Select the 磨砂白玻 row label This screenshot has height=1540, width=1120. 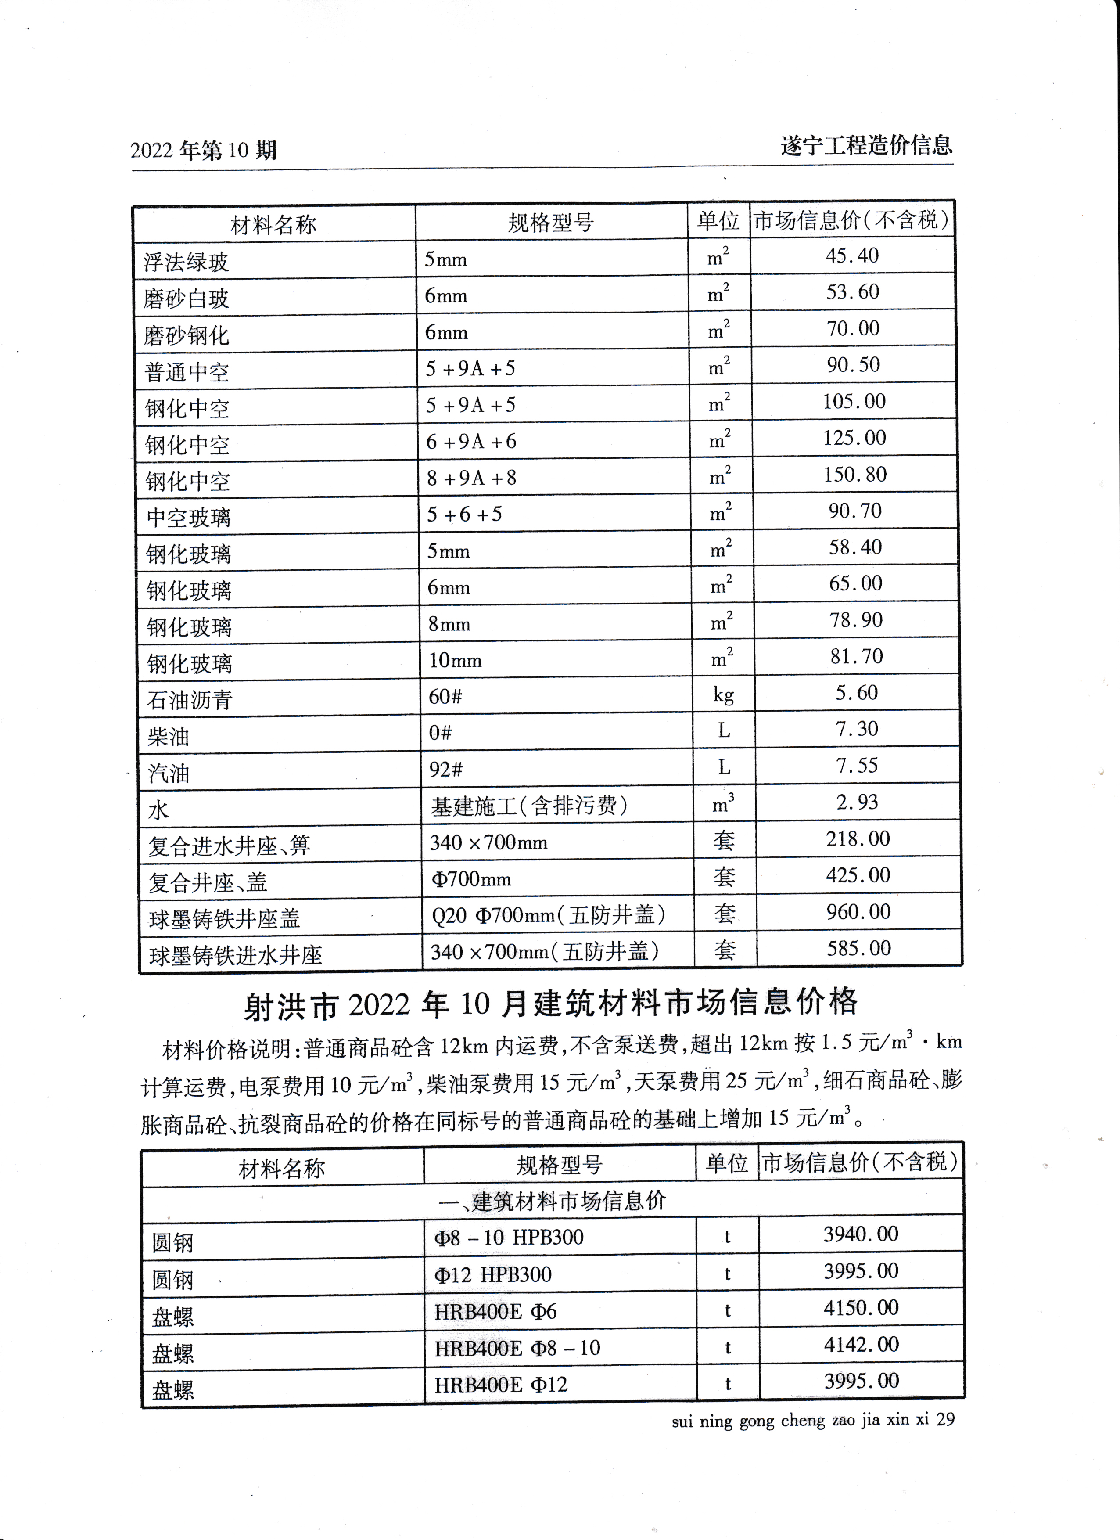tap(186, 298)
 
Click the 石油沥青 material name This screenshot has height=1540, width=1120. tap(190, 699)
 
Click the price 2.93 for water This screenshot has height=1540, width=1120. tap(857, 802)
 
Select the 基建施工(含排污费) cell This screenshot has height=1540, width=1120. tap(529, 806)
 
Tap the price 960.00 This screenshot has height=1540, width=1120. tap(858, 912)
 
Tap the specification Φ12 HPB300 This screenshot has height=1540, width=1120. tap(493, 1274)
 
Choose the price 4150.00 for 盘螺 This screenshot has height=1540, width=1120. tap(861, 1307)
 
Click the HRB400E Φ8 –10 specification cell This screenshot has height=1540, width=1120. tap(517, 1348)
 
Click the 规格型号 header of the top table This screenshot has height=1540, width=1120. tap(550, 222)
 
